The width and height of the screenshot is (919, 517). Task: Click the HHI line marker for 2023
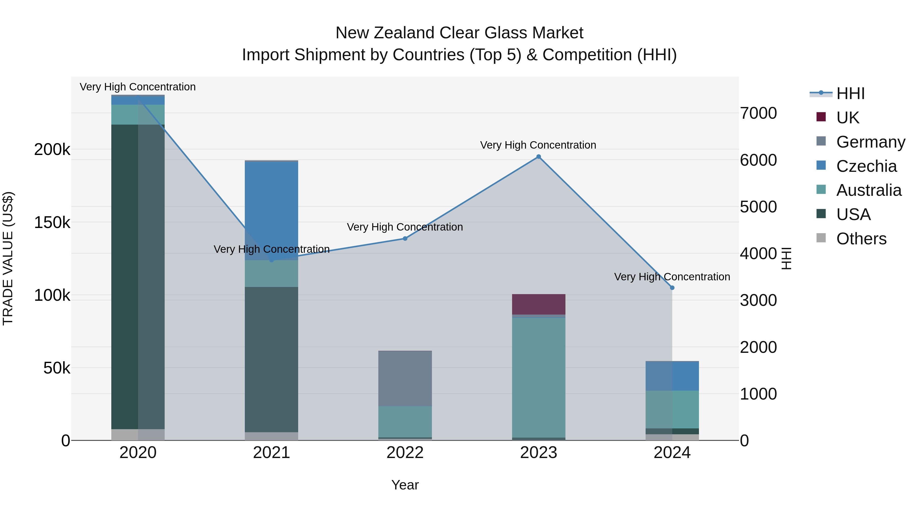pyautogui.click(x=539, y=157)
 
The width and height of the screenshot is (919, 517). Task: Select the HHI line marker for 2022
pyautogui.click(x=405, y=238)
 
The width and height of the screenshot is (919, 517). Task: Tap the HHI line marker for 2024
pyautogui.click(x=672, y=287)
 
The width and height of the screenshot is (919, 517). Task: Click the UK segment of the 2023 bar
pyautogui.click(x=539, y=304)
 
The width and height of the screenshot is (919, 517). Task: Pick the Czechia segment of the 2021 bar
pyautogui.click(x=272, y=211)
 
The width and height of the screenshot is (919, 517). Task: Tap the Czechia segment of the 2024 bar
pyautogui.click(x=672, y=376)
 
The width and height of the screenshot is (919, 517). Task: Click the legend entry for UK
pyautogui.click(x=847, y=118)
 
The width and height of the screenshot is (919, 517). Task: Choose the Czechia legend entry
pyautogui.click(x=866, y=166)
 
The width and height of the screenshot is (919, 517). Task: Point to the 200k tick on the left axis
pyautogui.click(x=52, y=150)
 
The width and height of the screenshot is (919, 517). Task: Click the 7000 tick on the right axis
pyautogui.click(x=758, y=113)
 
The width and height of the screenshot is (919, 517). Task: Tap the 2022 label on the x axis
pyautogui.click(x=405, y=453)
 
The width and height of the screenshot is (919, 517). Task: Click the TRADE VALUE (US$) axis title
pyautogui.click(x=8, y=258)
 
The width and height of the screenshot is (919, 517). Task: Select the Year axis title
pyautogui.click(x=405, y=485)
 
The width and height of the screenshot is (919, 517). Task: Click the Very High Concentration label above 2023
pyautogui.click(x=538, y=145)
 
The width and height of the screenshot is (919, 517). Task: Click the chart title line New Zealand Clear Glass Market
pyautogui.click(x=459, y=33)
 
